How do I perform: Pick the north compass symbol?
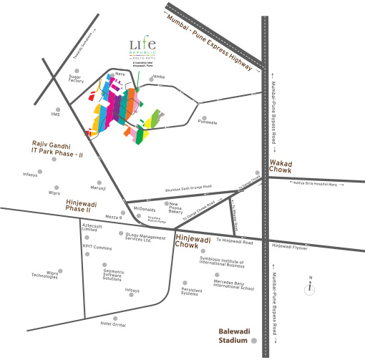309,288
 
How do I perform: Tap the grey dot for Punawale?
204,118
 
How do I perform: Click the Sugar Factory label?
77,79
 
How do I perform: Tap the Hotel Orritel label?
113,324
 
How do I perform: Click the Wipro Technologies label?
44,274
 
